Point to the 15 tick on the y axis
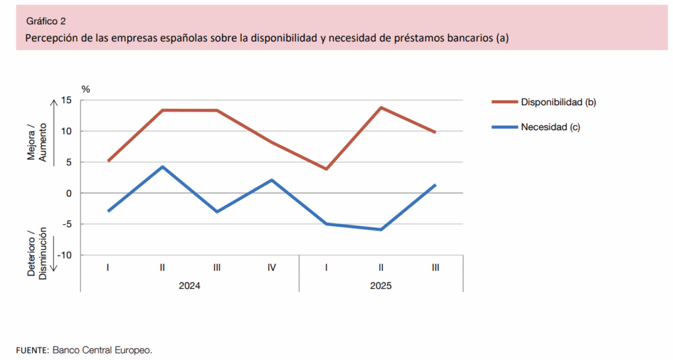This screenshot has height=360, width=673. pos(66,100)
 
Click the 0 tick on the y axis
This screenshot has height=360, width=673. pos(68,193)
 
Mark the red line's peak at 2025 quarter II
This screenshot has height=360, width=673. pos(381,107)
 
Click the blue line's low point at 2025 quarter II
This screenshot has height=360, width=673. pos(381,229)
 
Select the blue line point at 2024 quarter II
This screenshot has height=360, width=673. pos(162,167)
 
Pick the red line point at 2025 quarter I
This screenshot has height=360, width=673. pos(327,169)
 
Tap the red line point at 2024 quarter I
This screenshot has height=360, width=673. pos(108,161)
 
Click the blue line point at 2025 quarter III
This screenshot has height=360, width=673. pos(436,185)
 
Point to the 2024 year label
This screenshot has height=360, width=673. pos(190,286)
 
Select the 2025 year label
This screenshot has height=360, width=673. pos(381,286)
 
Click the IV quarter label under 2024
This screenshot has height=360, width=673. pos(271,267)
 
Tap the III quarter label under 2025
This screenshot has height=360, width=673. pos(436,267)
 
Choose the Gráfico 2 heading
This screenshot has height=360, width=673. pos(46,21)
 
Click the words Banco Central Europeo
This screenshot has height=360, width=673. pos(102,349)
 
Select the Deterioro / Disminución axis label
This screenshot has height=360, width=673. pos(37,253)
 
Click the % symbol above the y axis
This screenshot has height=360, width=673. pos(85,88)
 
